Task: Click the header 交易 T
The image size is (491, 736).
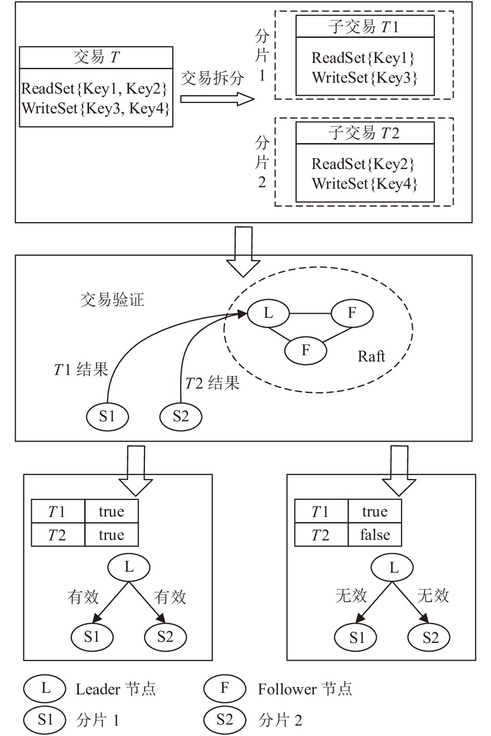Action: (96, 58)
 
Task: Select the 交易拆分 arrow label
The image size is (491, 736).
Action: (213, 78)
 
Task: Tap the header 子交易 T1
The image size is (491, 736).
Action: (364, 27)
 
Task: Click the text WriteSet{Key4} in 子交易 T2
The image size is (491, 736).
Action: (365, 184)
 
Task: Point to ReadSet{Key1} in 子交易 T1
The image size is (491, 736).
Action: (363, 58)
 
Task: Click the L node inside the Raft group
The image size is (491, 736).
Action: (268, 313)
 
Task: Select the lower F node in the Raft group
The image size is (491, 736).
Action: (306, 350)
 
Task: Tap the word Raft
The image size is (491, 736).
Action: (371, 356)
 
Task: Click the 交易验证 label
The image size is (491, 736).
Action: (112, 300)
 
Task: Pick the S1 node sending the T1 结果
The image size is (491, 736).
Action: (108, 416)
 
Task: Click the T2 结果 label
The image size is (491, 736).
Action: (213, 383)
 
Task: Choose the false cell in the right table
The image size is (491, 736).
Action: (375, 535)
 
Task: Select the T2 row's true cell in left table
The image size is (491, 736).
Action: (112, 535)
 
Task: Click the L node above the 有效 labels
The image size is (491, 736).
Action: (129, 567)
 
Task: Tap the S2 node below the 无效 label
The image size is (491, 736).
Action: (429, 638)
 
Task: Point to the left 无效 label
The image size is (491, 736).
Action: (351, 596)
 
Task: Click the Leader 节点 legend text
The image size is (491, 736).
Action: (115, 689)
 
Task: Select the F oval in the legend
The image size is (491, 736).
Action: (224, 688)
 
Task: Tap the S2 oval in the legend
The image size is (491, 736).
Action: (224, 719)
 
